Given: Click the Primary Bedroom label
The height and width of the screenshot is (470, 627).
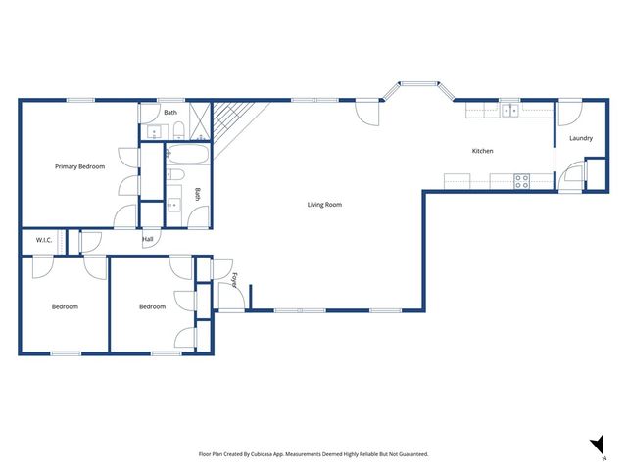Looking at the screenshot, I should coord(79,166).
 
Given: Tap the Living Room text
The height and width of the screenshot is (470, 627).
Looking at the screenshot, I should coord(324,205).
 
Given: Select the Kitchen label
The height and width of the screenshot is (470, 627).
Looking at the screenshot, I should coord(482,151).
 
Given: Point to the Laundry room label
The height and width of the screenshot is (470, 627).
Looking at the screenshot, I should coord(580,138).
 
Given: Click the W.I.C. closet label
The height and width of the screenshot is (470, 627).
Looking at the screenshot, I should coord(44,240).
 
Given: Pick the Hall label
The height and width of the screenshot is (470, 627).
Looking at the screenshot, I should coord(148,239).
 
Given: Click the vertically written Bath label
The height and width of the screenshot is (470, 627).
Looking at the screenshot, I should coord(197,194).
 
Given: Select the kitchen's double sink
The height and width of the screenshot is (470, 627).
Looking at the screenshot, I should coord(510,110).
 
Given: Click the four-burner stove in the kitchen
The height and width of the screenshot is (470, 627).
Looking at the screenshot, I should coord(522,181).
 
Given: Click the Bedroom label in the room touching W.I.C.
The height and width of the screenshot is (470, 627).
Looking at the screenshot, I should coord(65,306).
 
